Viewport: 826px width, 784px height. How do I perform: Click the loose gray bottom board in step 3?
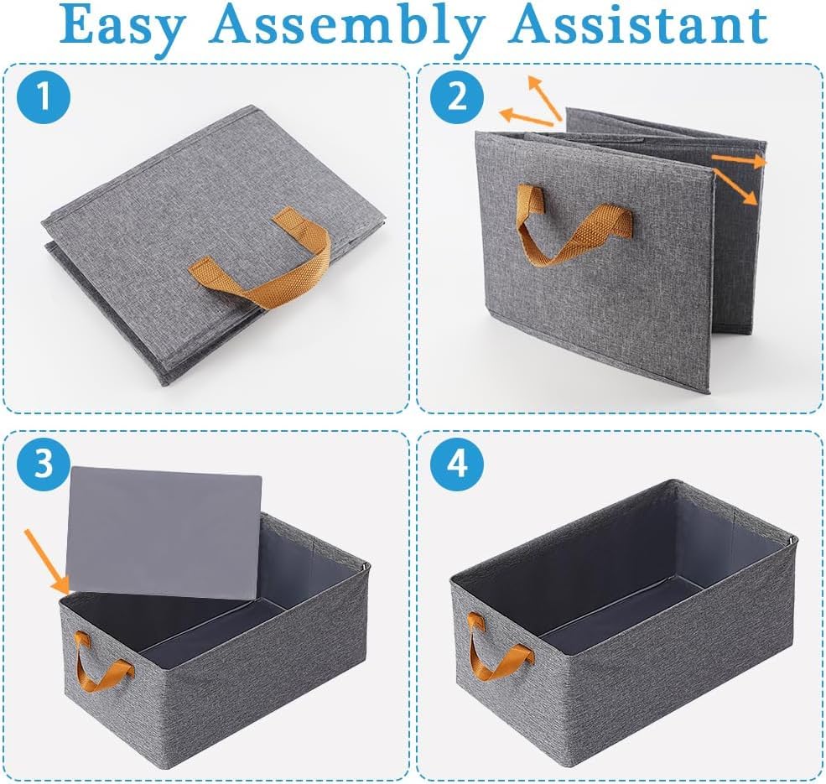164,532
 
